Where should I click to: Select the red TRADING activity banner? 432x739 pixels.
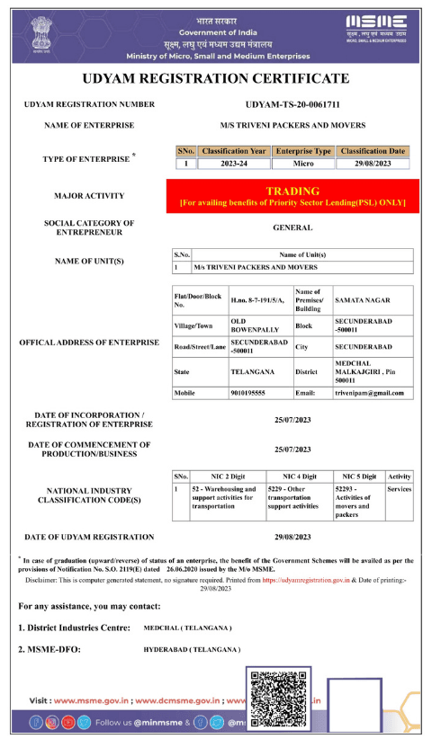[292, 197]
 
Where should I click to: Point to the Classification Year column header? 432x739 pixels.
[233, 151]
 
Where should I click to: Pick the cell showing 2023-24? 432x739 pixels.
[233, 164]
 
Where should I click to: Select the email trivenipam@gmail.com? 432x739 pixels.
[369, 393]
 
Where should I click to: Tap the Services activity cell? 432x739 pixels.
[399, 489]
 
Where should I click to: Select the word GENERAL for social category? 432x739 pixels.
[292, 228]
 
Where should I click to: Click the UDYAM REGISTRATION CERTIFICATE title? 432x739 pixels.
[215, 78]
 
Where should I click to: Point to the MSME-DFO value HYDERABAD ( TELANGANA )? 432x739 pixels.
[192, 648]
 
